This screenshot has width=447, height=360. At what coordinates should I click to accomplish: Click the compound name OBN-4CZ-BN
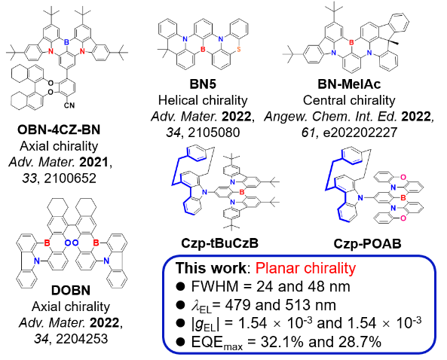click(59, 130)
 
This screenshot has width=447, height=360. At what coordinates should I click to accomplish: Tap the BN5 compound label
click(203, 84)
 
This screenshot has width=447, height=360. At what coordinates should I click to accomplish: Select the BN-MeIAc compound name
click(349, 84)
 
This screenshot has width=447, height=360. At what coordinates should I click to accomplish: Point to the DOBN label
click(71, 291)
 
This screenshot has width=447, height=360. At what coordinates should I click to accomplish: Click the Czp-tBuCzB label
click(219, 243)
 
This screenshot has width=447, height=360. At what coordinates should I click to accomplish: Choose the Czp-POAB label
click(367, 244)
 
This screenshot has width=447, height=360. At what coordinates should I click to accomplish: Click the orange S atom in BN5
click(239, 50)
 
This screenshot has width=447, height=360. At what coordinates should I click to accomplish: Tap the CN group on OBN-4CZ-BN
click(69, 105)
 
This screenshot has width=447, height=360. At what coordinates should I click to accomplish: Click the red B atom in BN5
click(203, 50)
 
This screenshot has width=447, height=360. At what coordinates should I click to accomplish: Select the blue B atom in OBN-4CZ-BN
click(66, 42)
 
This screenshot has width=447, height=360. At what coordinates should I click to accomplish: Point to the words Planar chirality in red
click(305, 268)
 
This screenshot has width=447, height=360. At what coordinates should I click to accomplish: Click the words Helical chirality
click(203, 100)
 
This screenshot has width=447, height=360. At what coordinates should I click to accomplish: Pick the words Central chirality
click(349, 100)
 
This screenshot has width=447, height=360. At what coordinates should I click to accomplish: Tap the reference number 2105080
click(212, 133)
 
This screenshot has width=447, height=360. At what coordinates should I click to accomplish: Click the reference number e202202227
click(360, 133)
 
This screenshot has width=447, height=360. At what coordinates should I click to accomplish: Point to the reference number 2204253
click(82, 339)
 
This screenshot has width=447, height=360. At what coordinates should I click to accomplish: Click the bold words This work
click(210, 268)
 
